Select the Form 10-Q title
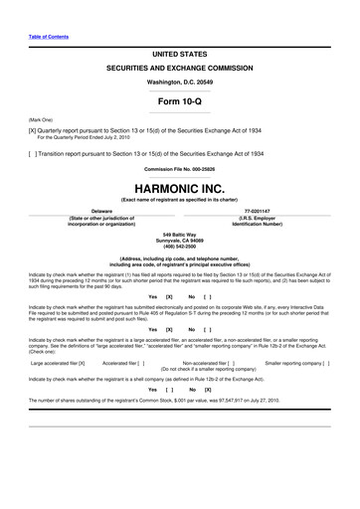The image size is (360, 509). [180, 101]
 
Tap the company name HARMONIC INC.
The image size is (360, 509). [180, 186]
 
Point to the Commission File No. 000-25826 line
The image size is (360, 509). [180, 167]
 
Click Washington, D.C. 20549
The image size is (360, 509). [180, 80]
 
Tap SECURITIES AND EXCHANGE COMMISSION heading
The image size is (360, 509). [180, 65]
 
